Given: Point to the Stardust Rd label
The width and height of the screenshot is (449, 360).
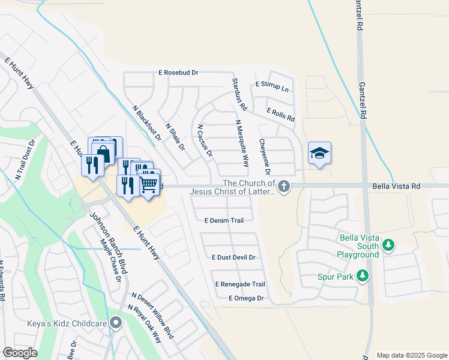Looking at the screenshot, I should [x=239, y=94].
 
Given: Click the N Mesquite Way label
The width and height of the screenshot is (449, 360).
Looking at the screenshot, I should [x=242, y=143].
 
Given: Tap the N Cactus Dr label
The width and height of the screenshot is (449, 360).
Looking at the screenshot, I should [x=205, y=140].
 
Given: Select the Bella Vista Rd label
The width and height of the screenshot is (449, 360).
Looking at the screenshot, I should [x=396, y=187].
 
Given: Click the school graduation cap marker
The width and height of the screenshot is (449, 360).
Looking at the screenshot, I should [x=319, y=154].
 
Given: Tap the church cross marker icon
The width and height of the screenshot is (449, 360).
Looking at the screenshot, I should [x=285, y=187].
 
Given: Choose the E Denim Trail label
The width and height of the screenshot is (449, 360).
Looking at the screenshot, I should [x=223, y=221].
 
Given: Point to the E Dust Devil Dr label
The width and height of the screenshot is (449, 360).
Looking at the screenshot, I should [x=234, y=257].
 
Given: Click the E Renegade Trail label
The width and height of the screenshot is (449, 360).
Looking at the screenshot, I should [x=240, y=284].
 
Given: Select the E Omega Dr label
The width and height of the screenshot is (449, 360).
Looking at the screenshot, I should [x=246, y=298].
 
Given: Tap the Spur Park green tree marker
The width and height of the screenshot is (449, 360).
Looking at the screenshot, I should [x=362, y=276].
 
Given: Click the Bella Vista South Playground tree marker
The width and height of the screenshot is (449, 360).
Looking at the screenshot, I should [x=388, y=245].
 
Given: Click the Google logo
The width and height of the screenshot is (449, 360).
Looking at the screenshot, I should [x=20, y=353].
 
